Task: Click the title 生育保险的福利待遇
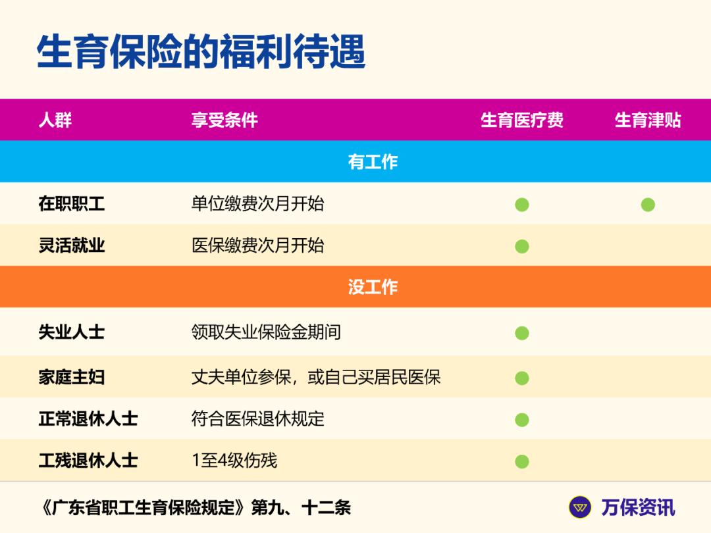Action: [201, 52]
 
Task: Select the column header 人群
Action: [55, 120]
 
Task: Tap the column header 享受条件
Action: [224, 120]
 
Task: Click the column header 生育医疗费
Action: [522, 120]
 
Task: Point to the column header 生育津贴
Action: [648, 120]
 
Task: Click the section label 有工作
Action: [373, 162]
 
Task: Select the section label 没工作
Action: [373, 287]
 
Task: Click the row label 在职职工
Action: [72, 204]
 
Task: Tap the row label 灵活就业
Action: [72, 246]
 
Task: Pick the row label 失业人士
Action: [72, 332]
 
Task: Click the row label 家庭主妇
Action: [72, 378]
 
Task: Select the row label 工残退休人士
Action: [88, 461]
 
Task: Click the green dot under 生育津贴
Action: [648, 205]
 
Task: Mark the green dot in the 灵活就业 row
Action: [522, 247]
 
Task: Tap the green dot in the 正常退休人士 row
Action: [522, 420]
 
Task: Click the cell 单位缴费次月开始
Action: [257, 204]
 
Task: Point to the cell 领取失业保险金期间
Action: [266, 332]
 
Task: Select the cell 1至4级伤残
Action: [234, 461]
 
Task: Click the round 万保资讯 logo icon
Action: [580, 507]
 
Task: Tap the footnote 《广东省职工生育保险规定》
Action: [145, 508]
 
